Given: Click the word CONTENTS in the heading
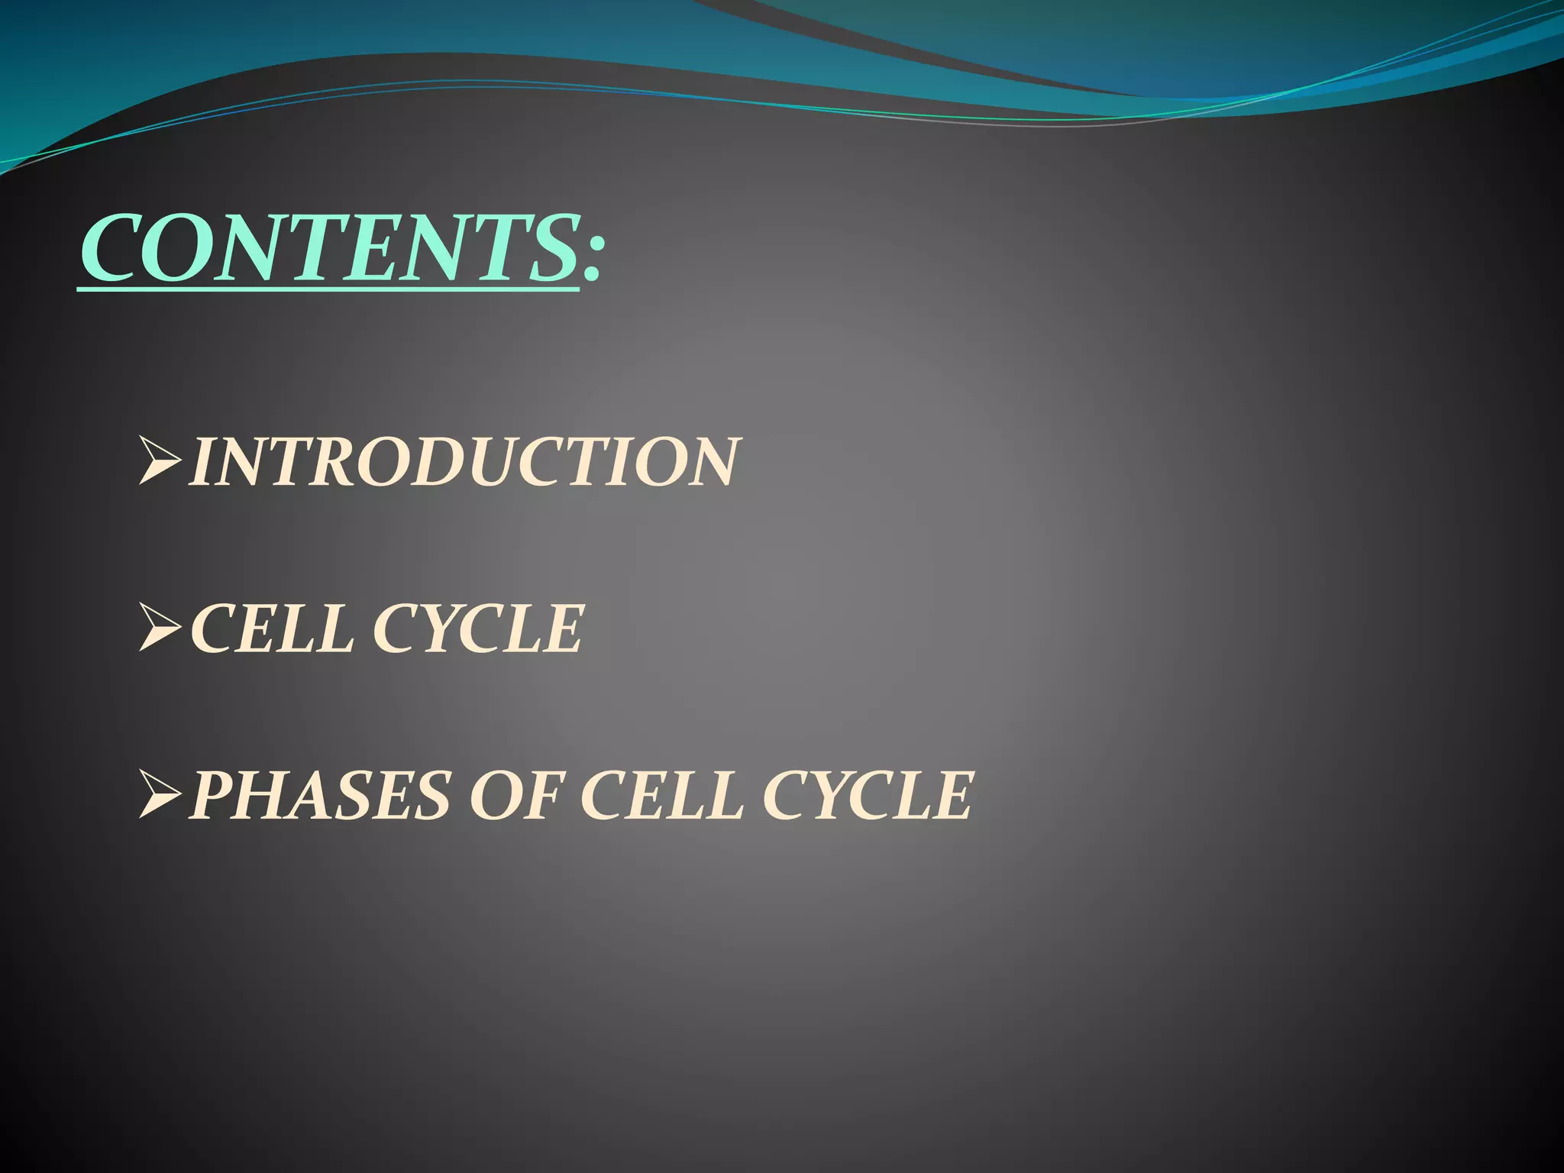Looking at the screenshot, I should [x=328, y=248].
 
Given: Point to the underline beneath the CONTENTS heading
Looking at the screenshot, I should [x=328, y=289].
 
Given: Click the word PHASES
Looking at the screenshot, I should [x=321, y=796].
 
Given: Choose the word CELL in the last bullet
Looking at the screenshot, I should [x=661, y=796].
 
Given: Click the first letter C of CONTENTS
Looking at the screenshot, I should [x=115, y=249].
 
